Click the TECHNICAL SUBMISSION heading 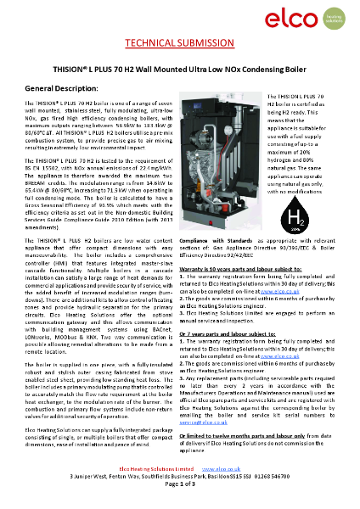pyautogui.click(x=178, y=43)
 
